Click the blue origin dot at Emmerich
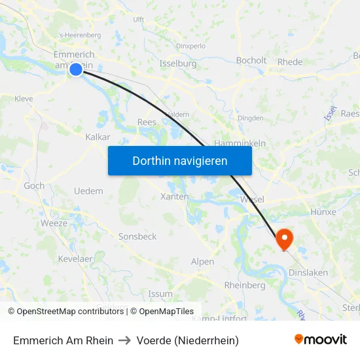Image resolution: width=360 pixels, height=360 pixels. click(76, 69)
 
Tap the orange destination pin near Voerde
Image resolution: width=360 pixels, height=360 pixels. click(285, 238)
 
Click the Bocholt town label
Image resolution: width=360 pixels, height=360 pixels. click(251, 61)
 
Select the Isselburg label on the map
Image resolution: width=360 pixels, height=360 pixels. click(178, 63)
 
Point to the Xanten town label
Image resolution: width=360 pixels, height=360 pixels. click(174, 196)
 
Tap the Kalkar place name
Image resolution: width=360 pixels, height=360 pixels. click(98, 137)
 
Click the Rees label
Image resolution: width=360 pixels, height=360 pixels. click(147, 122)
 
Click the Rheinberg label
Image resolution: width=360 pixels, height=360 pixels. click(245, 285)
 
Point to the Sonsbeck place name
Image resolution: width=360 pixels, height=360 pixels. click(137, 236)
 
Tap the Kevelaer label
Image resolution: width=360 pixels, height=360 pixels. click(76, 259)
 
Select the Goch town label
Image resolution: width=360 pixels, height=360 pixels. click(34, 186)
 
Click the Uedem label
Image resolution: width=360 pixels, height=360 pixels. click(89, 191)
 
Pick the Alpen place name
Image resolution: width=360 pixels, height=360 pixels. click(202, 262)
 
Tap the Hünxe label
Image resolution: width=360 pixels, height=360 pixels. click(324, 212)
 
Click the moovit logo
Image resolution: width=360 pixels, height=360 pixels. click(321, 339)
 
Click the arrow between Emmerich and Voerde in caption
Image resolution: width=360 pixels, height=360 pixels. click(125, 340)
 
